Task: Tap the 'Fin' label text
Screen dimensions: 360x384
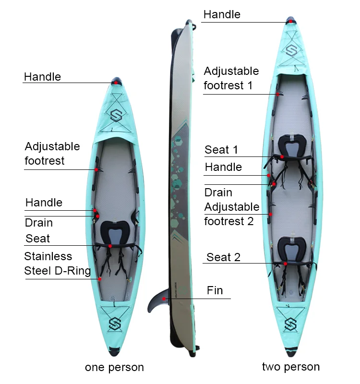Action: point(215,290)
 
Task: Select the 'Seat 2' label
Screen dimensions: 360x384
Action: point(223,257)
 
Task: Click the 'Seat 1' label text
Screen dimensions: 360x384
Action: point(221,150)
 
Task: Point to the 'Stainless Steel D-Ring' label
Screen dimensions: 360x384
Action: point(57,264)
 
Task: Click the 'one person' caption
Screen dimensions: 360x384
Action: point(114,367)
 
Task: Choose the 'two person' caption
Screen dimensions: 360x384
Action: point(291,367)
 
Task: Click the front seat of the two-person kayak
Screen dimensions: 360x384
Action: point(292,146)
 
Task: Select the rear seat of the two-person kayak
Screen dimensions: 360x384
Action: point(292,250)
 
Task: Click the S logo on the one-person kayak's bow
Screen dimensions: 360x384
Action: point(116,115)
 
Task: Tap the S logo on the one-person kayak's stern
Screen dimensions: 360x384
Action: point(115,324)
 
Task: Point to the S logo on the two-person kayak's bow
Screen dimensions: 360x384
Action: point(291,50)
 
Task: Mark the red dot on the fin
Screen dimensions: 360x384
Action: point(164,299)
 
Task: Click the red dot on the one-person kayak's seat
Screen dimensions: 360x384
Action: point(110,246)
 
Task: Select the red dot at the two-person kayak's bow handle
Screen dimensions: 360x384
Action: point(290,21)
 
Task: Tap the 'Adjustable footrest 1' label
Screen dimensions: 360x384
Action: point(231,78)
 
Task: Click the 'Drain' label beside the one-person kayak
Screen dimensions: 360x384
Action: point(39,223)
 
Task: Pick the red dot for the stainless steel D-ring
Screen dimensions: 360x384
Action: point(100,279)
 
